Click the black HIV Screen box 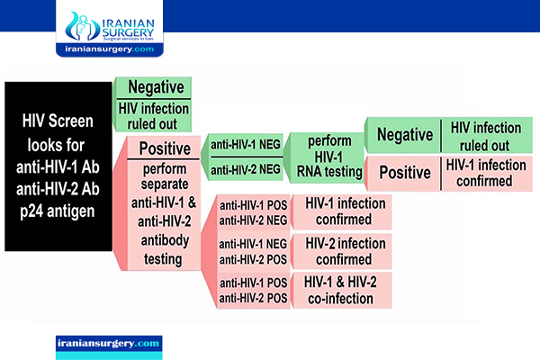pyautogui.click(x=58, y=166)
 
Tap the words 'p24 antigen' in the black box pyautogui.click(x=58, y=211)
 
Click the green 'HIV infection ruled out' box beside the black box pyautogui.click(x=154, y=116)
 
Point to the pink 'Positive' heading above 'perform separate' pyautogui.click(x=164, y=148)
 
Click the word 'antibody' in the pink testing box pyautogui.click(x=165, y=240)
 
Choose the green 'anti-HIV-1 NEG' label pyautogui.click(x=246, y=145)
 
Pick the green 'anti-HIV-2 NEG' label pyautogui.click(x=246, y=169)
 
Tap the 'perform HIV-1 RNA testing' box pyautogui.click(x=328, y=157)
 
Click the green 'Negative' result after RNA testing pyautogui.click(x=405, y=135)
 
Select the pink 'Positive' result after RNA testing pyautogui.click(x=405, y=173)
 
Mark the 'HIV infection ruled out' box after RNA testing pyautogui.click(x=487, y=136)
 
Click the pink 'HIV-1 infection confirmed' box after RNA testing pyautogui.click(x=487, y=174)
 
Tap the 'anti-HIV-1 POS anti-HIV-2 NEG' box pyautogui.click(x=254, y=212)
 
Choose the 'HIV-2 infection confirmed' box pyautogui.click(x=342, y=251)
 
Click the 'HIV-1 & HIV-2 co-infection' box pyautogui.click(x=342, y=290)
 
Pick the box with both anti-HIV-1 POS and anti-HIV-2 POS pyautogui.click(x=254, y=290)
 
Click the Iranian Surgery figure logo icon pyautogui.click(x=80, y=26)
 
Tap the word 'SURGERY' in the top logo pyautogui.click(x=128, y=32)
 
